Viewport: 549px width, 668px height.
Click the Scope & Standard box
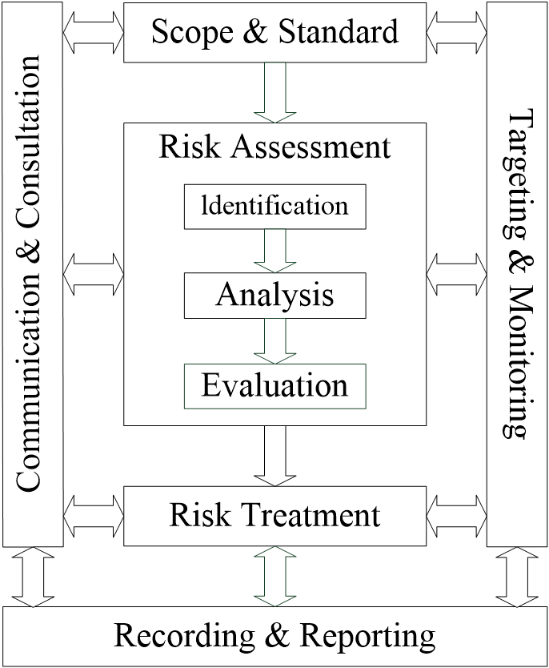point(274,32)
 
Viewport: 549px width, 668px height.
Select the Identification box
point(274,206)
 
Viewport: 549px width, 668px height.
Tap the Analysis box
point(274,296)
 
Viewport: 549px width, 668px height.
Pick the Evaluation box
point(274,385)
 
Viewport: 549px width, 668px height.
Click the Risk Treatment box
point(274,515)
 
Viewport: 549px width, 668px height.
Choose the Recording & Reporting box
point(274,637)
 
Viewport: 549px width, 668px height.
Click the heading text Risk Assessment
point(274,147)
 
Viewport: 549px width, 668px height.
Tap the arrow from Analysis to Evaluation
point(274,340)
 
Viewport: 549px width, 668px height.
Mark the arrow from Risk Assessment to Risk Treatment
point(274,454)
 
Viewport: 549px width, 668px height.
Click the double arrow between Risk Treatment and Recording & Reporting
point(274,576)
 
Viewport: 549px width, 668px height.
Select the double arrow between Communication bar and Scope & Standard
point(93,33)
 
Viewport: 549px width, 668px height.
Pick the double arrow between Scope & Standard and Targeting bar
point(457,33)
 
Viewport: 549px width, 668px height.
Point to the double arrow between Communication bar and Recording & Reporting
point(32,576)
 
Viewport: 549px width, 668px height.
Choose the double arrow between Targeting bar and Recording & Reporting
point(517,576)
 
